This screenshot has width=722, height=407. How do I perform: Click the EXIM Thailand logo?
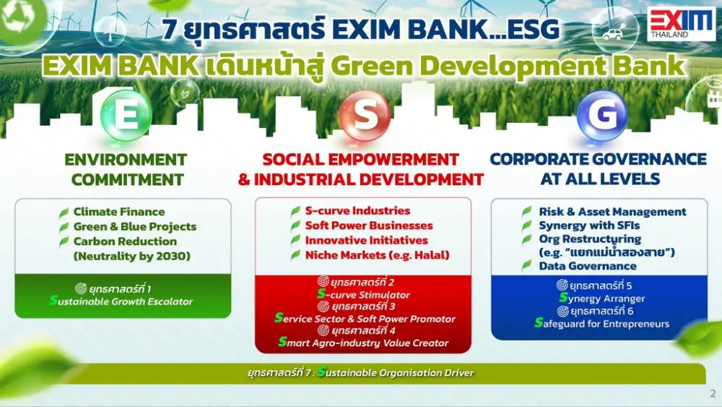coord(682,24)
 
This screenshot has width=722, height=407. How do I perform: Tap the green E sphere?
coord(126,115)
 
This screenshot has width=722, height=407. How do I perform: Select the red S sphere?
coord(365,115)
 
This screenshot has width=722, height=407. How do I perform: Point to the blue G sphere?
coord(602,115)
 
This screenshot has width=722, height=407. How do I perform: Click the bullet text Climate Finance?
coord(119,212)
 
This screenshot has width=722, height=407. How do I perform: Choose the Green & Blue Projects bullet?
coord(135,226)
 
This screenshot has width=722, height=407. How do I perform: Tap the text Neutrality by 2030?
coord(131,256)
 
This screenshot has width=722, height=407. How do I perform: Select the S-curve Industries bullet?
coord(357,210)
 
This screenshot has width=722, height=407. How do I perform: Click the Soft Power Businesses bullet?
coord(369,226)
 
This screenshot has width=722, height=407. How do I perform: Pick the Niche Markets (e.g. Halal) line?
coord(377,255)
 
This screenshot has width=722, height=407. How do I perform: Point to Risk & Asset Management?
coord(612,212)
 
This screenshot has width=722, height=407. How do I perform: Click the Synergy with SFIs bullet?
coord(589,226)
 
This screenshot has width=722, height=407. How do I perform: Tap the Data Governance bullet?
coord(588,266)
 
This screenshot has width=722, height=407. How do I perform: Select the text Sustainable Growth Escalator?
coord(121,301)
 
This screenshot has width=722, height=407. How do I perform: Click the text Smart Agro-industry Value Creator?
coord(363,343)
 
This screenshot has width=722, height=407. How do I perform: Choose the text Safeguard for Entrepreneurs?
coord(602,324)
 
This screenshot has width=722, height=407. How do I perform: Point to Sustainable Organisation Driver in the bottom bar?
coord(396,372)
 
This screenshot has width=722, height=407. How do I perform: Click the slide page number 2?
coord(713,393)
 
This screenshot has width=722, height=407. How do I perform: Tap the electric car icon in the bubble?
coord(613,33)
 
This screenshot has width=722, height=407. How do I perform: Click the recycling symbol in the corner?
coord(17,19)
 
